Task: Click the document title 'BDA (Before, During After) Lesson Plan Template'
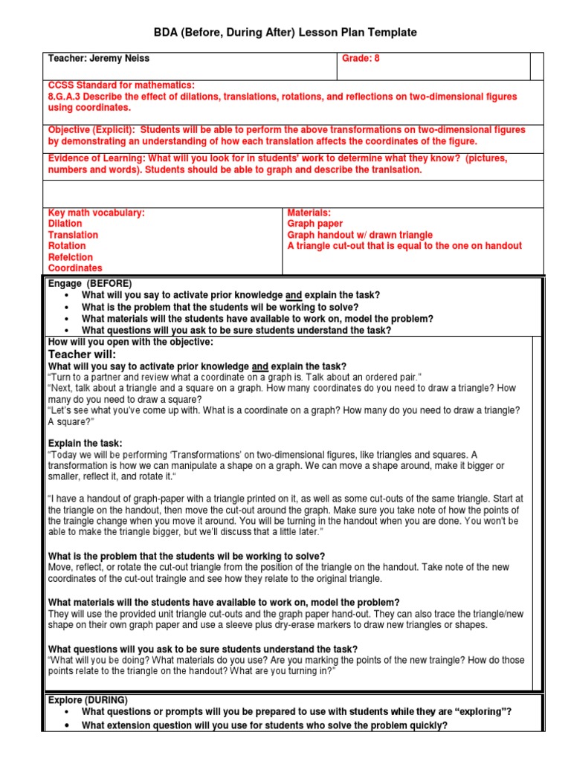[285, 33]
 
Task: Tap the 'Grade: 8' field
[361, 59]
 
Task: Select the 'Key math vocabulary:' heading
[96, 213]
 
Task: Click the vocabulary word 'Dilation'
[65, 224]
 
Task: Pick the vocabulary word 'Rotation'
[67, 246]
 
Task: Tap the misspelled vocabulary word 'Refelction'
[71, 257]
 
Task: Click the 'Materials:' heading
[309, 213]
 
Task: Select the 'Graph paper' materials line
[315, 224]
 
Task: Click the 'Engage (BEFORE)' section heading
[89, 284]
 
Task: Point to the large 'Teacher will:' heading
[82, 354]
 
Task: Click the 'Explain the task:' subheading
[85, 444]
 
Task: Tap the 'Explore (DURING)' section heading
[88, 700]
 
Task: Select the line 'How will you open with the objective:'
[130, 342]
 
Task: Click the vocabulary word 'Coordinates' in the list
[75, 268]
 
